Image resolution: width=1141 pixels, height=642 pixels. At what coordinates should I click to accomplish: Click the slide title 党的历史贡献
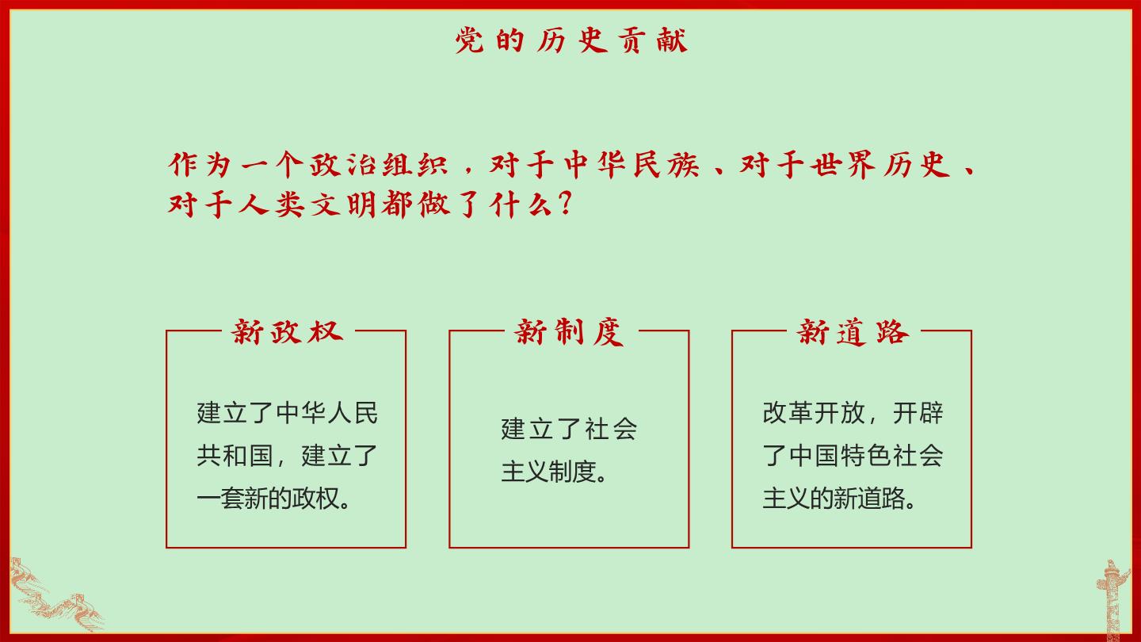[570, 40]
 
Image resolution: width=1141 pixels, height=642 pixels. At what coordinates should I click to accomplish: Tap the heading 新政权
[287, 332]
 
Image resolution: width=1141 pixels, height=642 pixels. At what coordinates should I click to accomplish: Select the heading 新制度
[570, 332]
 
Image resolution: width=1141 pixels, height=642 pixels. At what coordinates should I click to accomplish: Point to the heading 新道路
[853, 332]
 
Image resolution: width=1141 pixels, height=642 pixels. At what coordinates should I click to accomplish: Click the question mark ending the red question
[564, 203]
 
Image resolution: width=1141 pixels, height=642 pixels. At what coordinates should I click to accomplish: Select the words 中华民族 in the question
[632, 165]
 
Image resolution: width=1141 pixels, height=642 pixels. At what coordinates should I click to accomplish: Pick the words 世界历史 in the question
[881, 165]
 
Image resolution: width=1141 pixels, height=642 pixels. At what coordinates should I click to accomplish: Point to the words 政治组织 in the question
[379, 165]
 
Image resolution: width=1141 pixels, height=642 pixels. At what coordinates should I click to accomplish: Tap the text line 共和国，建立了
[287, 456]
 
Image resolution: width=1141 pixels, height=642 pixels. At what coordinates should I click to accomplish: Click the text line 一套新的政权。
[273, 499]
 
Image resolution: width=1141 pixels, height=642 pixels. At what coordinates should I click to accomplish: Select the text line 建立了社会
[568, 429]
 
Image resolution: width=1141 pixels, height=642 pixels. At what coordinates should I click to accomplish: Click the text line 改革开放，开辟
[853, 413]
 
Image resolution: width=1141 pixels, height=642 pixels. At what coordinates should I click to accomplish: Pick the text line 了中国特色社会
[853, 456]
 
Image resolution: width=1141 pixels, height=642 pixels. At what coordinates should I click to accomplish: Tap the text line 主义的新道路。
[839, 499]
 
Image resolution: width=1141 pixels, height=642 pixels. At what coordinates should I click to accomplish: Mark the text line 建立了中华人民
[287, 413]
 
